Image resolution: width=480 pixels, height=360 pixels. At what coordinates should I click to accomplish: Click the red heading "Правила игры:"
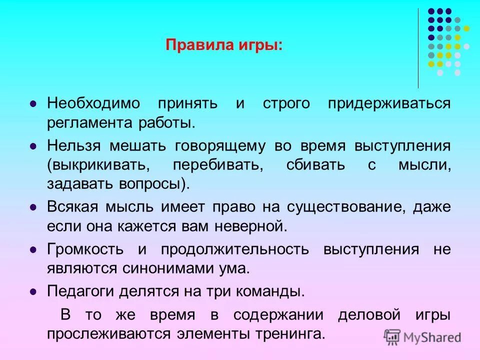pos(223,45)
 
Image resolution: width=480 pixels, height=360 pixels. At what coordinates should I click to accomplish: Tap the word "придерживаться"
pos(389,104)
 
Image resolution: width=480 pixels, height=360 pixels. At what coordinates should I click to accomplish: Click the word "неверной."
pos(251,225)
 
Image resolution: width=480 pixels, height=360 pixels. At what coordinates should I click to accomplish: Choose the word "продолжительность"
pos(235,249)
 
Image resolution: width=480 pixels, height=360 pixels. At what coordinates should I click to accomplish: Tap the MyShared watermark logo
pos(423,336)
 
